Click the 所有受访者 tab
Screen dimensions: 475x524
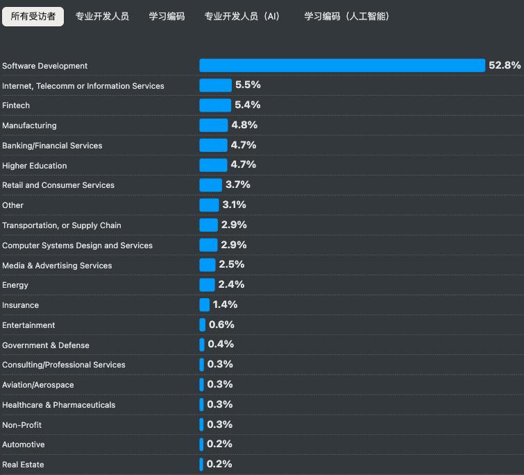coord(33,17)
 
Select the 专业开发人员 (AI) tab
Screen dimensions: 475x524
coord(242,17)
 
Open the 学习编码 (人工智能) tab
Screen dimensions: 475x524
coord(346,17)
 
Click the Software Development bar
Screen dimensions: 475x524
coord(342,65)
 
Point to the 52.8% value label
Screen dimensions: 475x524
coord(505,65)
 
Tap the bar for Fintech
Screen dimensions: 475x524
coord(215,105)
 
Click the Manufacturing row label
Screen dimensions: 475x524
coord(29,126)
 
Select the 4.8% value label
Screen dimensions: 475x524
coord(244,125)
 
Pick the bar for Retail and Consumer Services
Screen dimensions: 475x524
coord(210,185)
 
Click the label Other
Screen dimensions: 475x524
coord(12,205)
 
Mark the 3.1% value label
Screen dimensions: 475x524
coord(234,205)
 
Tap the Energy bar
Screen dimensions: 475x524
coord(207,285)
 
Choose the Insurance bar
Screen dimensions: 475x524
coord(204,305)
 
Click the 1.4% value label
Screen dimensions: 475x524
coord(225,304)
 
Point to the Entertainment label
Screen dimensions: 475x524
coord(28,325)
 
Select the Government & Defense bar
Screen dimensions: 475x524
coord(202,345)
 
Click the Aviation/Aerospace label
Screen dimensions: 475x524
coord(37,385)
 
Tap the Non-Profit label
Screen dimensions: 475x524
coord(22,425)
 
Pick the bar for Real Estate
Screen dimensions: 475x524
coord(201,465)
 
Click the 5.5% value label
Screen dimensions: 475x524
coord(248,85)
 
